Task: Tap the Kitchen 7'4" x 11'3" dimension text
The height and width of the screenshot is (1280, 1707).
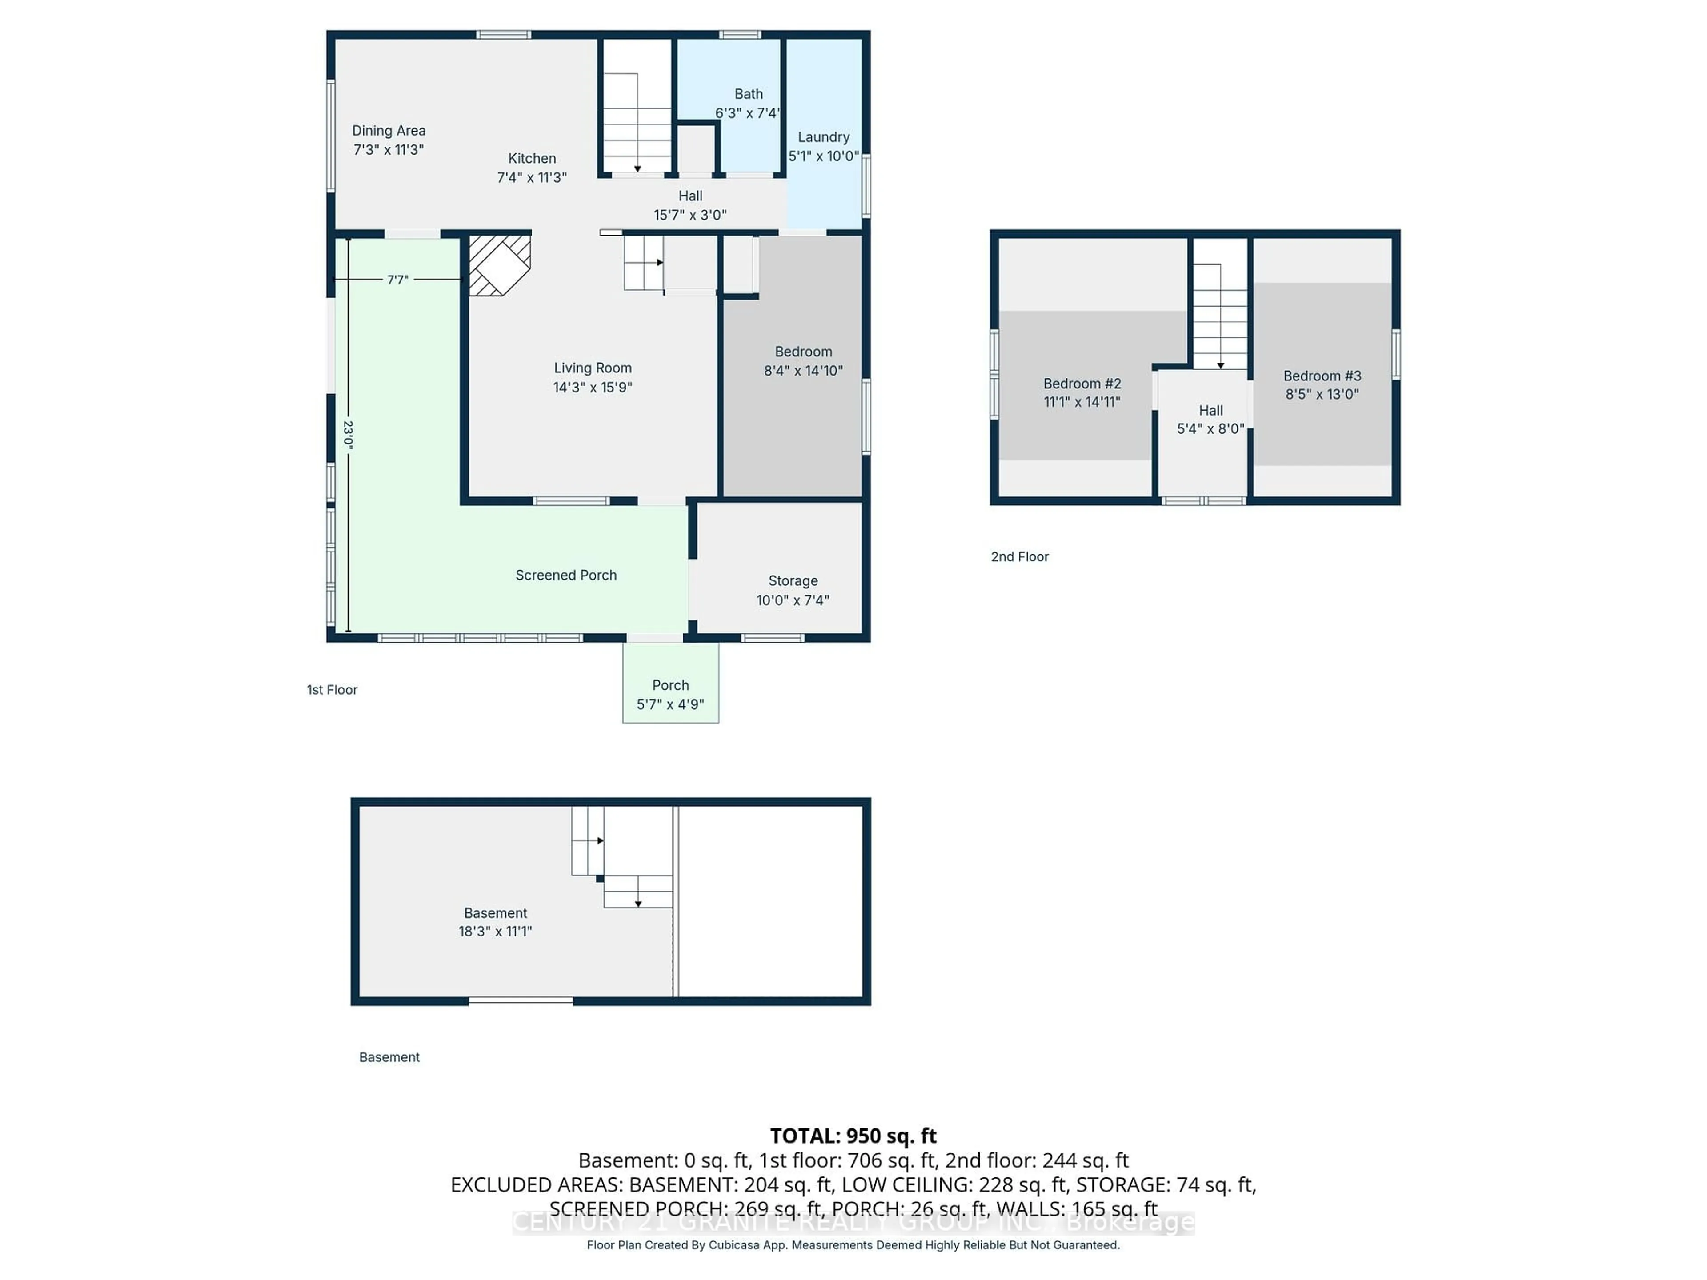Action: point(532,177)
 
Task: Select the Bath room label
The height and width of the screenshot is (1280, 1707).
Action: point(748,94)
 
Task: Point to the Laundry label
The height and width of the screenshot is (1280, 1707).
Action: point(823,137)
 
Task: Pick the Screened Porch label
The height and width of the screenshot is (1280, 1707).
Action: point(565,576)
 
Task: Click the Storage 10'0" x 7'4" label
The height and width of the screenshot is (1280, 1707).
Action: point(793,590)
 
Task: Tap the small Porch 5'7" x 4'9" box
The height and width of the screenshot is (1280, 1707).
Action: point(670,694)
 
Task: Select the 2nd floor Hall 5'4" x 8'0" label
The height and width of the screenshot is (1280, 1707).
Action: point(1210,420)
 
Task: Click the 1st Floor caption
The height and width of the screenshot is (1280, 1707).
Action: point(332,690)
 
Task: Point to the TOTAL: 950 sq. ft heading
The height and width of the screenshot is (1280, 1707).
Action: point(853,1136)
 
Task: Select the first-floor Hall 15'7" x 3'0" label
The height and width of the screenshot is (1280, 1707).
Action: point(690,205)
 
